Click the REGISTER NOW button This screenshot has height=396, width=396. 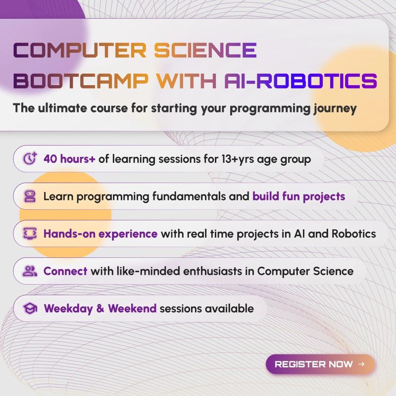[x=320, y=364]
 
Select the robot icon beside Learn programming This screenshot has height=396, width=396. [x=30, y=197]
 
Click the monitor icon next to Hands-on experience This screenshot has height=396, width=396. [x=30, y=234]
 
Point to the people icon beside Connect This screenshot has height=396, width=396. [x=30, y=271]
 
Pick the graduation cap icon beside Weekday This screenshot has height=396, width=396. [x=30, y=308]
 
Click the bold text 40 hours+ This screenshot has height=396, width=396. [x=69, y=159]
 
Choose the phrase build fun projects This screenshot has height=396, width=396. [x=298, y=197]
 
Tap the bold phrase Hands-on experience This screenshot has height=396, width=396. [x=100, y=234]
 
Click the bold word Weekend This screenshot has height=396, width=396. [x=132, y=308]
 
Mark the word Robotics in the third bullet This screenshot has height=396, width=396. [x=351, y=234]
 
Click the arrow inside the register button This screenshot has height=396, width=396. [x=361, y=364]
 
